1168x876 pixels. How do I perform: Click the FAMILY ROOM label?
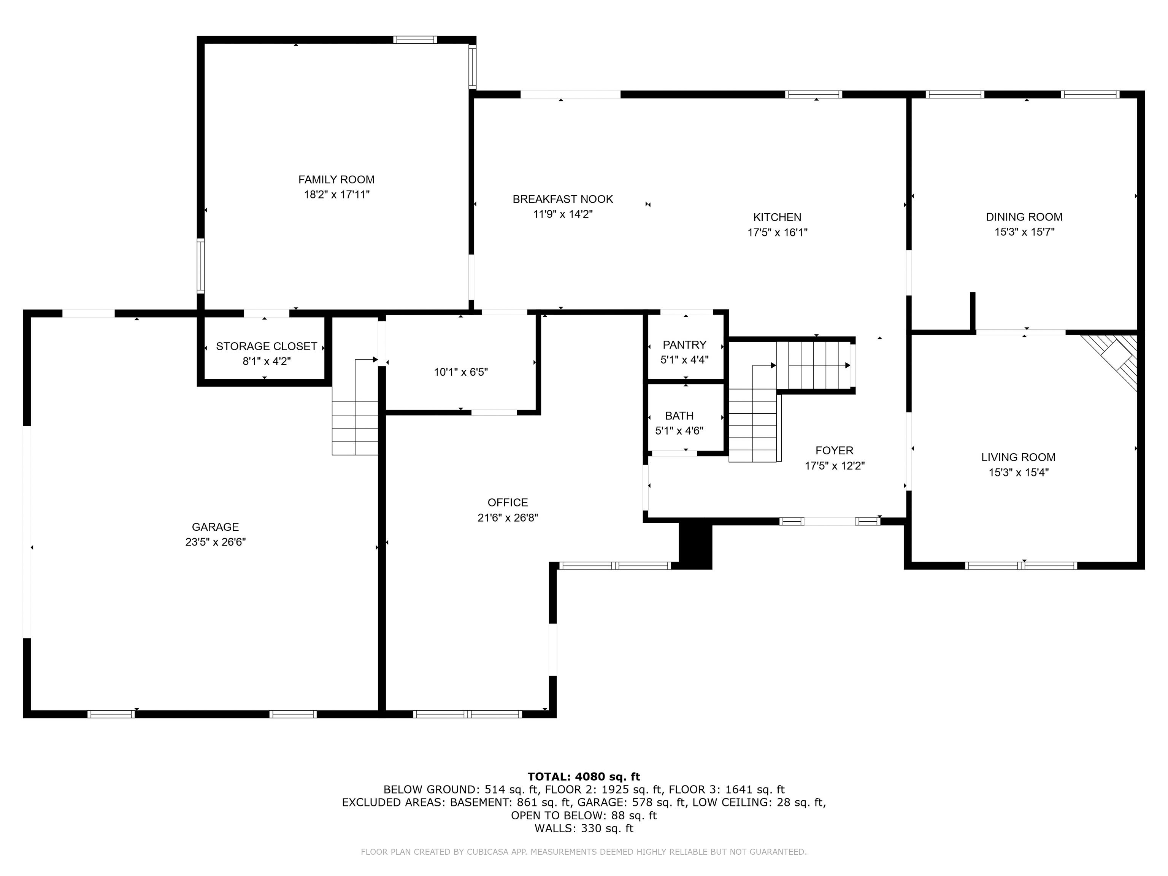coord(336,179)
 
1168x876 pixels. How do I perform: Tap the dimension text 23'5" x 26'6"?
coord(216,542)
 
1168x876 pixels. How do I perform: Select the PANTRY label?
coord(684,345)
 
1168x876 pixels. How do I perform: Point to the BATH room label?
coord(679,416)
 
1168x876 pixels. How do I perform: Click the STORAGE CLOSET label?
coord(266,346)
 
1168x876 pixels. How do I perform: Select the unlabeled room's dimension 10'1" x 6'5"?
coord(460,372)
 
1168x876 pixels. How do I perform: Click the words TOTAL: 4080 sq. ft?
coord(584,776)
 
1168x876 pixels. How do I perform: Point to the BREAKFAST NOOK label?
coord(562,199)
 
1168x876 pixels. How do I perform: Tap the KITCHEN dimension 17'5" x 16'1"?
coord(777,232)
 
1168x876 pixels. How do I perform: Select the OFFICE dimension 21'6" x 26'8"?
coord(508,517)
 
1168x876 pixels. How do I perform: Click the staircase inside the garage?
coord(355,428)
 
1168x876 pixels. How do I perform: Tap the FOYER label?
coord(834,451)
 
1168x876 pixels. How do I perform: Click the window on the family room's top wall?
coord(415,40)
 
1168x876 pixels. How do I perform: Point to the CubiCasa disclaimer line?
coord(584,851)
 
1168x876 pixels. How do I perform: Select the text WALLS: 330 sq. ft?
coord(584,828)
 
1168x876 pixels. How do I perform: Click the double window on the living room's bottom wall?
coord(1021,565)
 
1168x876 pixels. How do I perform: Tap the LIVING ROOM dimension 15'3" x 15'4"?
coord(1018,472)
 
